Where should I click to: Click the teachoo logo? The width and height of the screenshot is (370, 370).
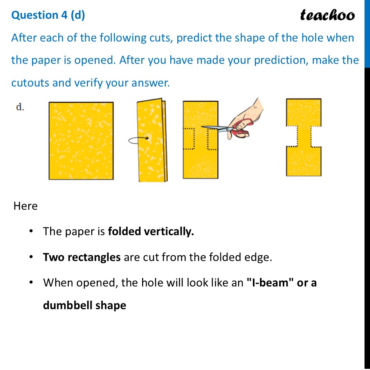tap(327, 15)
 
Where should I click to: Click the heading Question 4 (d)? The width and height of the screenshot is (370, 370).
tap(48, 15)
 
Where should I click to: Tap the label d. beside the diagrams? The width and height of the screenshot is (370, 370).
tap(20, 107)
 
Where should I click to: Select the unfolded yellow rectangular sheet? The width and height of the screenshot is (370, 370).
tap(81, 141)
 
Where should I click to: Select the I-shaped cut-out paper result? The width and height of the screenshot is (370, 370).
tap(304, 137)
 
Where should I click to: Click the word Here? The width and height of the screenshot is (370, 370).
tap(25, 206)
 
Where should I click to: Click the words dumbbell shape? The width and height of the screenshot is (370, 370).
tap(85, 305)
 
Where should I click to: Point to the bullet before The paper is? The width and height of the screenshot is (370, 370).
tap(31, 232)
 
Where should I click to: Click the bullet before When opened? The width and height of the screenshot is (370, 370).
tap(31, 283)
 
